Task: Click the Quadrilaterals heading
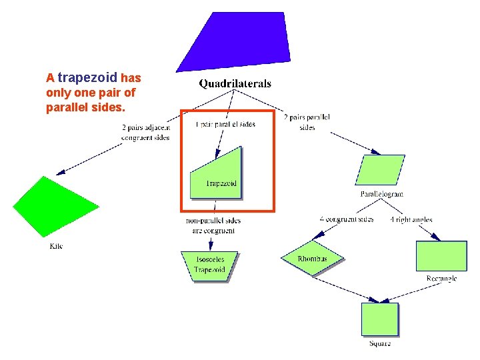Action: point(235,84)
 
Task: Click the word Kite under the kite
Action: point(57,247)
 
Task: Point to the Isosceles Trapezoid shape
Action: point(209,265)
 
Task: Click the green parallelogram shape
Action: point(380,170)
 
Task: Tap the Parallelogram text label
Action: point(381,195)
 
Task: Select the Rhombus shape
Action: point(312,259)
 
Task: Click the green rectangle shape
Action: point(441,255)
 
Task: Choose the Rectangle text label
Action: point(441,279)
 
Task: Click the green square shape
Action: point(380,319)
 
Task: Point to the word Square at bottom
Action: point(380,343)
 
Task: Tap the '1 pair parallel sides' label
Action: point(225,124)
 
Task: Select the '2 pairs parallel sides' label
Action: point(307,123)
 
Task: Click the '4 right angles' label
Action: point(411,219)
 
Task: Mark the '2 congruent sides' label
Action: point(347,219)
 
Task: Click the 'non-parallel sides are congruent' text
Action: point(213,225)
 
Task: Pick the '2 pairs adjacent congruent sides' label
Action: point(146,132)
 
